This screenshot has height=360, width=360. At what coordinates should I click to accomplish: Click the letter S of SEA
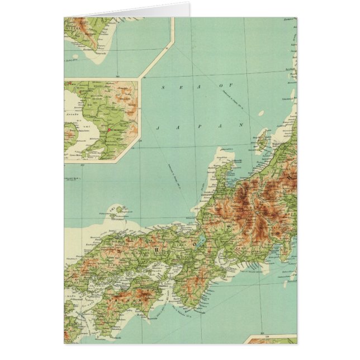(x=163, y=87)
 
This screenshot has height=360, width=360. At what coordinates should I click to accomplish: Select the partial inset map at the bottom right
(x=271, y=339)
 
